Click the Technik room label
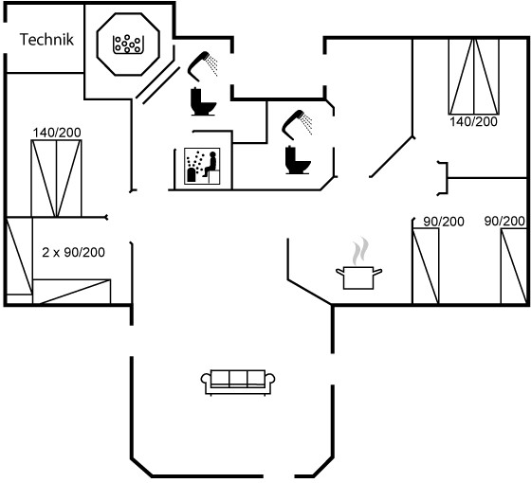46,40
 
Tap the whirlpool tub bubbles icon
128,45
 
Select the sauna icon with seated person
202,166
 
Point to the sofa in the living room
238,383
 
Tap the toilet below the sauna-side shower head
203,101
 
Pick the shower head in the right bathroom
297,124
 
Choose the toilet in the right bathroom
298,160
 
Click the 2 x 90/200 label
73,252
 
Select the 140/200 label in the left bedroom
57,133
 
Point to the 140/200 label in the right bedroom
473,121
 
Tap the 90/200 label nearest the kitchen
444,222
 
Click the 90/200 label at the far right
504,222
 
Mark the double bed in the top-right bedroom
474,77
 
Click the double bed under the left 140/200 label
56,178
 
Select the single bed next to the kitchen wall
426,266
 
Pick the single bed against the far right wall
514,266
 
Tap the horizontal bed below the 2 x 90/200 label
72,292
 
